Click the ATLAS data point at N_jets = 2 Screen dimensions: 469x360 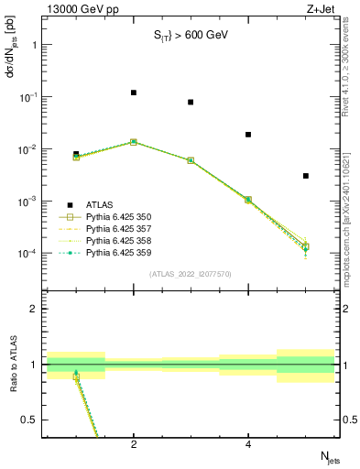(x=134, y=93)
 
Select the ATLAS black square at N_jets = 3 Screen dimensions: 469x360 (x=191, y=103)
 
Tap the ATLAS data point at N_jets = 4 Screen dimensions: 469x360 (x=248, y=135)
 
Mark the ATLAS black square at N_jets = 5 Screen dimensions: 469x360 (x=306, y=176)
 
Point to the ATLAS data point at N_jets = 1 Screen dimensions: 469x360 (x=76, y=154)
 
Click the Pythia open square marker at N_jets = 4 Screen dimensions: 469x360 (x=248, y=200)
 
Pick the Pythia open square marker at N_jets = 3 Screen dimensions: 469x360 (x=191, y=160)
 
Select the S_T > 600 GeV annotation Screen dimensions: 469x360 (x=191, y=36)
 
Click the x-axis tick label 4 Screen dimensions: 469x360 (x=248, y=444)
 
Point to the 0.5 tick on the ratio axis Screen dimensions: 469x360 (x=37, y=420)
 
